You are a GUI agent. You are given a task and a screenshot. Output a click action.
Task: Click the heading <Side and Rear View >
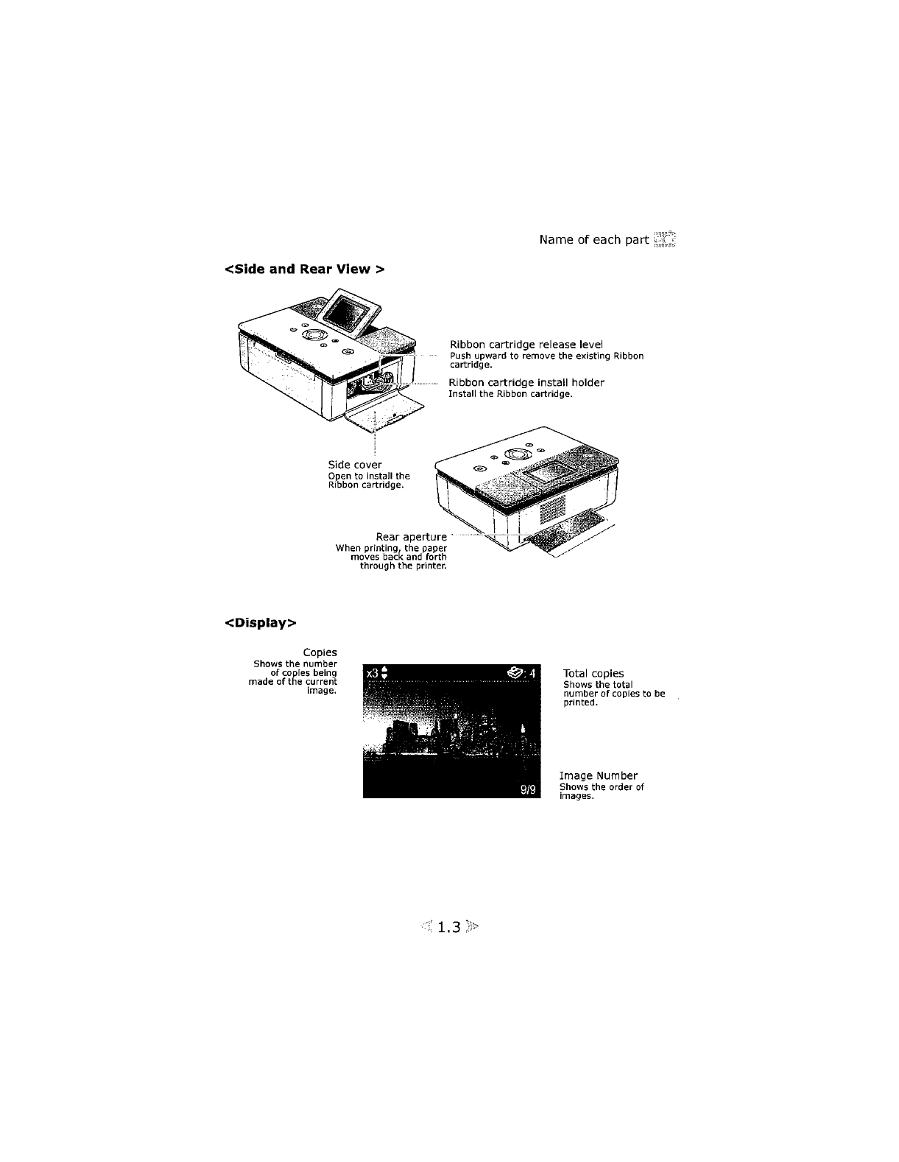pyautogui.click(x=304, y=269)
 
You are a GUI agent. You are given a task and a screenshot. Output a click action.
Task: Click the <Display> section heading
pyautogui.click(x=261, y=623)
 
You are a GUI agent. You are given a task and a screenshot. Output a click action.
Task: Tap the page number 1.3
pyautogui.click(x=448, y=927)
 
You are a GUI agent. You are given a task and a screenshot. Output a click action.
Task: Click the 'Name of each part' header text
pyautogui.click(x=593, y=240)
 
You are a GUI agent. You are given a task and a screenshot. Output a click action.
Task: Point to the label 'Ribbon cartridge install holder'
pyautogui.click(x=526, y=383)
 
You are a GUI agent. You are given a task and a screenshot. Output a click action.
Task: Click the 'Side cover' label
pyautogui.click(x=355, y=465)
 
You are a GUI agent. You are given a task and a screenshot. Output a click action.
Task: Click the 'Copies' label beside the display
pyautogui.click(x=320, y=652)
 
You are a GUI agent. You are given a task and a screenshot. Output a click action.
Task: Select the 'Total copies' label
pyautogui.click(x=593, y=673)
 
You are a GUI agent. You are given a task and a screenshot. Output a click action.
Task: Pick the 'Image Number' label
pyautogui.click(x=599, y=775)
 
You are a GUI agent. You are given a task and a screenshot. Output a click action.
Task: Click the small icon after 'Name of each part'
pyautogui.click(x=665, y=240)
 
